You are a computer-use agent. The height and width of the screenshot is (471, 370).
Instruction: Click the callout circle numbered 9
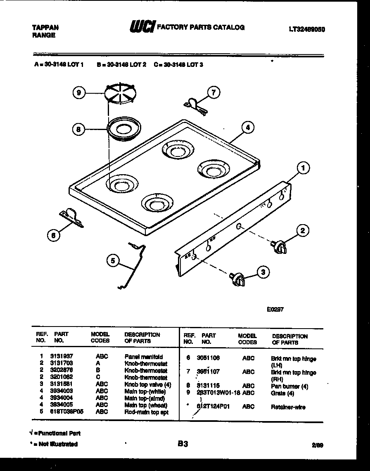[x=79, y=93]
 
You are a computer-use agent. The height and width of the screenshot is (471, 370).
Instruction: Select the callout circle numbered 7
[x=213, y=92]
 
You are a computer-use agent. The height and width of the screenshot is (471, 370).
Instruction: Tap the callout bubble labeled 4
[x=247, y=128]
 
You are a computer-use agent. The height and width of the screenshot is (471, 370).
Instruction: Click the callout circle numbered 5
[x=113, y=260]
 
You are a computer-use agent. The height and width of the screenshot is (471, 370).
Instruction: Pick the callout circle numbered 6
[x=52, y=235]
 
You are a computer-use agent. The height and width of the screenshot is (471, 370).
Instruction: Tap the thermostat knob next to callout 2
[x=278, y=247]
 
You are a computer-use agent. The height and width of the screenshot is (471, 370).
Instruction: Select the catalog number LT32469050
[x=306, y=30]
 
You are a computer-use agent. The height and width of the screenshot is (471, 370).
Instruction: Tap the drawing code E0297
[x=275, y=308]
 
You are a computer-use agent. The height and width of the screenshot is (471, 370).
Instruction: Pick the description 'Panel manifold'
[x=143, y=357]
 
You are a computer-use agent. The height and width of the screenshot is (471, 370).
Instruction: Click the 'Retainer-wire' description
[x=288, y=407]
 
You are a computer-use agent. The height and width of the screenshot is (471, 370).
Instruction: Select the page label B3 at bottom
[x=183, y=444]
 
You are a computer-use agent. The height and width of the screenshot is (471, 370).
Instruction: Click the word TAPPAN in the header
[x=45, y=28]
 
